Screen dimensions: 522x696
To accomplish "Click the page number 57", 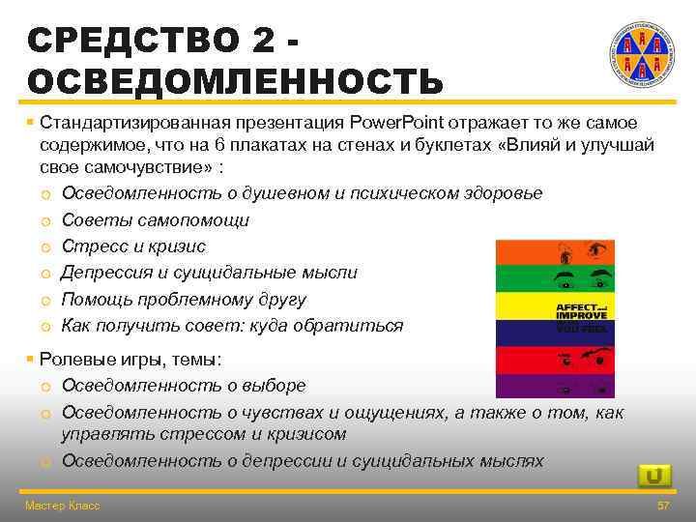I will pos(662,506).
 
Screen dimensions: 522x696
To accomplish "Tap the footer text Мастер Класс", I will pos(62,506).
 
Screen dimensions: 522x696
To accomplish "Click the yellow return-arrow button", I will pos(654,476).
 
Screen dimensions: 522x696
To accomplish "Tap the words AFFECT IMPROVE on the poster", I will pos(581,311).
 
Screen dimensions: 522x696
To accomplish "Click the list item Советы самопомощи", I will pos(156,219).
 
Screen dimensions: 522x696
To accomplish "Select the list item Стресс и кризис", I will pos(133,246).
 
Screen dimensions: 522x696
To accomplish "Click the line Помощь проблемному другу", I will pos(184,299).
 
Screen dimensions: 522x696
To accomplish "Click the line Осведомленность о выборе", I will pos(184,385).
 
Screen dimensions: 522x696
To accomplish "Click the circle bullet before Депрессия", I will pos(46,274).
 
